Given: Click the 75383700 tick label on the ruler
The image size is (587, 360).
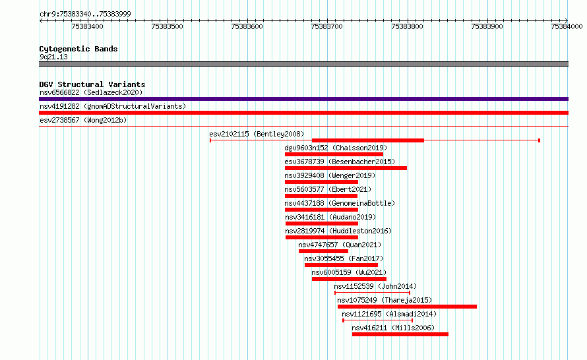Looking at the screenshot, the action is click(x=327, y=26).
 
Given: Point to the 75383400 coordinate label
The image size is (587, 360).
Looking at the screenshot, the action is click(x=87, y=26).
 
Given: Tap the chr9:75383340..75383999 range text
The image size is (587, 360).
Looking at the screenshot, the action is click(x=85, y=15).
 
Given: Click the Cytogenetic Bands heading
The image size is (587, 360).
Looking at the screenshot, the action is click(x=78, y=49).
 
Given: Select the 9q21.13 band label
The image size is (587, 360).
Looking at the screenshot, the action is click(x=53, y=57).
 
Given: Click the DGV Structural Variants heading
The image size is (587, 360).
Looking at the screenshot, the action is click(x=92, y=84).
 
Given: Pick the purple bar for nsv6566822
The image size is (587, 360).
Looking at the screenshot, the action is click(x=303, y=99).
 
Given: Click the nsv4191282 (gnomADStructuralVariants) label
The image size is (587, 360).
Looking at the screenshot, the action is click(x=113, y=106).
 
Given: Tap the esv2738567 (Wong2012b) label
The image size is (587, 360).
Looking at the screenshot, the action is click(x=83, y=120).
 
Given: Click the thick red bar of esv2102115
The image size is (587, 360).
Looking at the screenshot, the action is click(x=367, y=140).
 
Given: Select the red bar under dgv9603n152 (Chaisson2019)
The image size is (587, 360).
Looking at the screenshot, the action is click(x=334, y=154).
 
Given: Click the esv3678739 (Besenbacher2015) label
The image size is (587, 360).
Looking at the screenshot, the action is click(x=340, y=162).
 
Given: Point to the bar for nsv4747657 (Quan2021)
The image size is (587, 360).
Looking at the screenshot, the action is click(x=323, y=251).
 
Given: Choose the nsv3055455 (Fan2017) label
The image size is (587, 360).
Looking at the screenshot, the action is click(x=344, y=258).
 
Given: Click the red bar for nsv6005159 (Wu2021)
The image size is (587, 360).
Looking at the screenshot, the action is click(x=349, y=279).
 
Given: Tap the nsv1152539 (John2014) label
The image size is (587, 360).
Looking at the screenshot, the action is click(x=375, y=286).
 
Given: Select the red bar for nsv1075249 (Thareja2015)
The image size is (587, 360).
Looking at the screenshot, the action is click(x=408, y=307).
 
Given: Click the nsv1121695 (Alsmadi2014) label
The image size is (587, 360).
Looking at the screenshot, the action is click(x=389, y=314).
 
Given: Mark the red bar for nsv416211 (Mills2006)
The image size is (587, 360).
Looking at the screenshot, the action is click(x=400, y=334).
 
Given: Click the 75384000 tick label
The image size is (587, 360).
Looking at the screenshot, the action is click(x=567, y=26).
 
